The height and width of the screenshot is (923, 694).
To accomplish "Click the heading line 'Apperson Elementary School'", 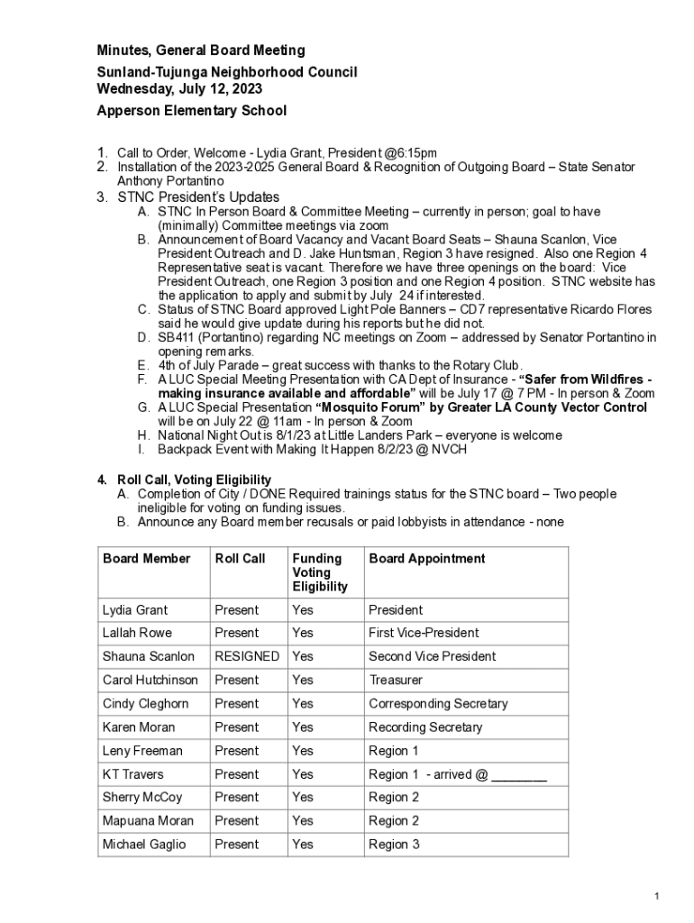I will (192, 111).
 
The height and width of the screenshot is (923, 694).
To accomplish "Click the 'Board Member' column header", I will (147, 559).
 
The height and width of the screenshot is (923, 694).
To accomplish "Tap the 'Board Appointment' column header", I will (426, 559).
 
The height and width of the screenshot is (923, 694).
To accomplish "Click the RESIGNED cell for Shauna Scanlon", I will (247, 656).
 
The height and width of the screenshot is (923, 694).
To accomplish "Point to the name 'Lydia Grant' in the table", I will (135, 609).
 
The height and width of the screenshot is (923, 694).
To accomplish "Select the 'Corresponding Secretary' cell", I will (438, 703).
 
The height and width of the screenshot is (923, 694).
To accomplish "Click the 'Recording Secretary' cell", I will (425, 727).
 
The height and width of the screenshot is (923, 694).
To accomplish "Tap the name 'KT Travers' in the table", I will (133, 773).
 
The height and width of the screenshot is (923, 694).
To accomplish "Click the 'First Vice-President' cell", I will (424, 633).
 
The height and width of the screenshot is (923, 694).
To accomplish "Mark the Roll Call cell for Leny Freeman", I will (237, 750).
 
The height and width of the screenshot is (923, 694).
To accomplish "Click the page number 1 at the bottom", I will (658, 896).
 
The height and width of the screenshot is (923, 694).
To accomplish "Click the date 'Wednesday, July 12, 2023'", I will (179, 89).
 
